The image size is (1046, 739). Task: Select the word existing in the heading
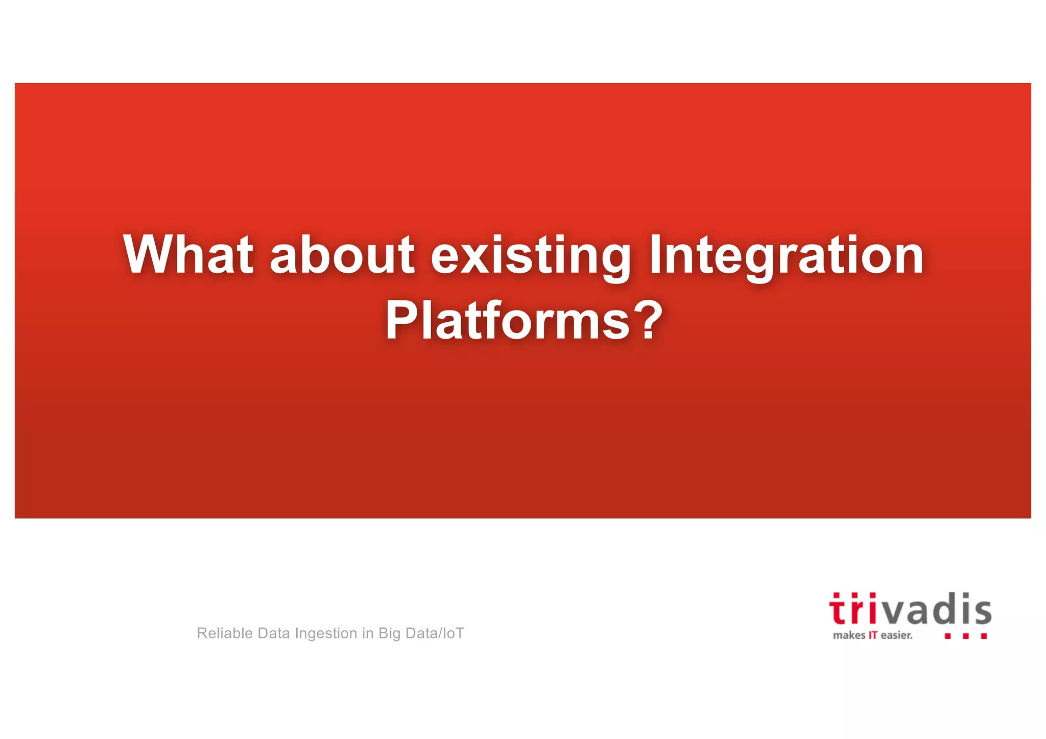(x=531, y=255)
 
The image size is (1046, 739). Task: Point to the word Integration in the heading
(x=786, y=255)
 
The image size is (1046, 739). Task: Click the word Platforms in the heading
(x=508, y=321)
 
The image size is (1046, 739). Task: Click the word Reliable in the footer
(x=225, y=633)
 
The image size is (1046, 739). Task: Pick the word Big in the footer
(x=389, y=634)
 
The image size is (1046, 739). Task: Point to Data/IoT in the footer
(x=435, y=633)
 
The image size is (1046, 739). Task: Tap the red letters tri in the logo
(x=852, y=610)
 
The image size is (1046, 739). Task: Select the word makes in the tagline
(x=849, y=635)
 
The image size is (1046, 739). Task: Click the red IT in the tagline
(x=873, y=635)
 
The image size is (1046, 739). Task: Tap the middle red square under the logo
(x=965, y=636)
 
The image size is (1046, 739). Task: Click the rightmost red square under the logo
(x=984, y=636)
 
